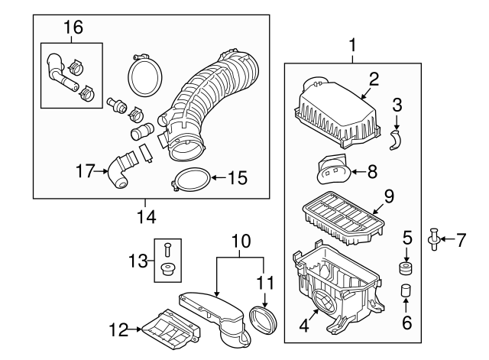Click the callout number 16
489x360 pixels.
[x=72, y=28]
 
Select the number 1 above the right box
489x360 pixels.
[x=351, y=45]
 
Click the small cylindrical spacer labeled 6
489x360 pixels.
[x=406, y=292]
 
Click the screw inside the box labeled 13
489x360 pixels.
[x=167, y=248]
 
